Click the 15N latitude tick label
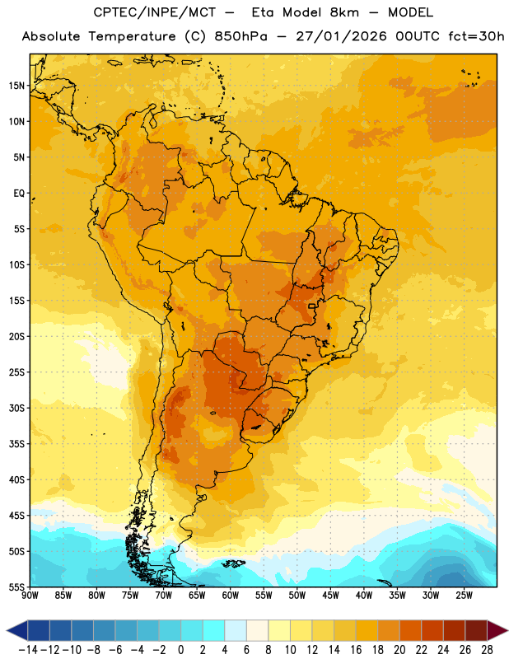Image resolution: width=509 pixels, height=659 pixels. tap(16, 86)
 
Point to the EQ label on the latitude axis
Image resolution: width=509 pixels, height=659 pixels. tap(19, 194)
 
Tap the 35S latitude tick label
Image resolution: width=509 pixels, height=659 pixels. tap(16, 444)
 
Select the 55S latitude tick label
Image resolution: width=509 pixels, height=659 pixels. tap(16, 587)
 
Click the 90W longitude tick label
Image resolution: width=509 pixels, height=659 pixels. tap(30, 596)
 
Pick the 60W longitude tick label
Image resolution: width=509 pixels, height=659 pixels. tap(231, 596)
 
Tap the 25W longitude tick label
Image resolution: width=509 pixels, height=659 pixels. tap(464, 596)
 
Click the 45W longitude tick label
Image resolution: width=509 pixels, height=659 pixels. tap(330, 596)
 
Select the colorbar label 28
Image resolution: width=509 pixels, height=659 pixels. tap(487, 650)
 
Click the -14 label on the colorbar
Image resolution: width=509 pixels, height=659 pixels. tap(28, 650)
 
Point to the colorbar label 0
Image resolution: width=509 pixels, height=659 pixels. tap(180, 650)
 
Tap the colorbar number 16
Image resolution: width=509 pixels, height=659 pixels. tap(356, 650)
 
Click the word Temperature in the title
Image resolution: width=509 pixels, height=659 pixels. tap(132, 36)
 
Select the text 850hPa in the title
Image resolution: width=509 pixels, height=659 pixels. tap(240, 36)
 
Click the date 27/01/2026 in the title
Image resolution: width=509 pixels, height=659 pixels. tap(341, 36)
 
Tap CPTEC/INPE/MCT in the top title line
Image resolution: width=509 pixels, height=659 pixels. tap(155, 12)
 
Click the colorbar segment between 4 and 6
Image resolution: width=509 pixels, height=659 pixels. tap(236, 630)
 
